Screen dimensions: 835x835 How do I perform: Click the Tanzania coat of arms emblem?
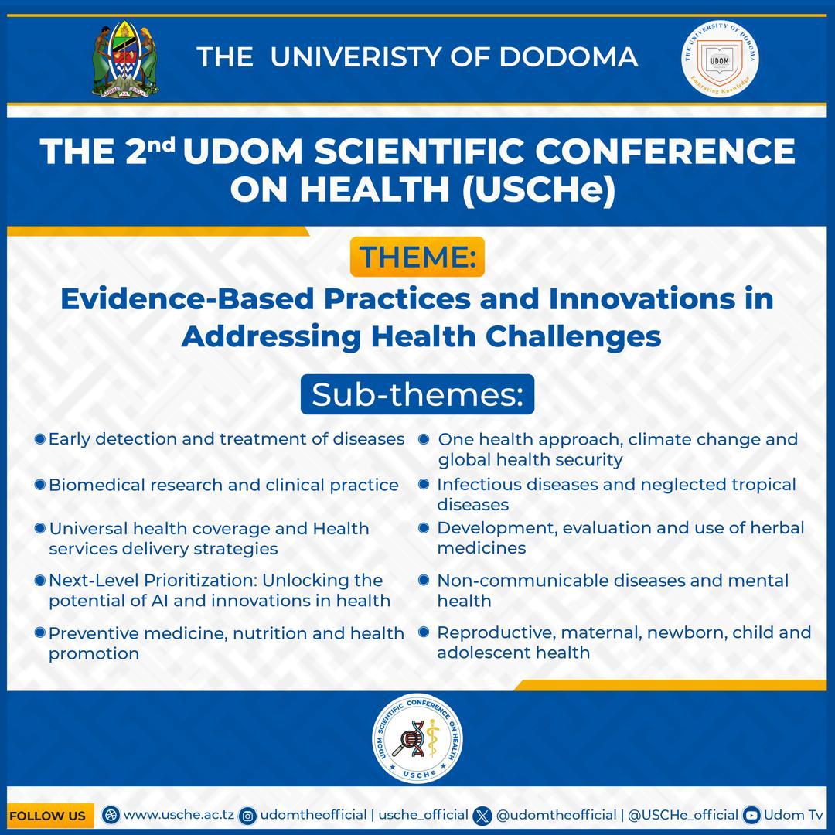coord(125,60)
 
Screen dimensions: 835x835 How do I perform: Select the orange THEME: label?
coord(417,257)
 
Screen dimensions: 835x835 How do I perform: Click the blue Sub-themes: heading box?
coord(417,394)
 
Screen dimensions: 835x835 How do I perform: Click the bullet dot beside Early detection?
coord(39,439)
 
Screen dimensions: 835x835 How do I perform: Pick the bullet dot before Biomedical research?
coord(39,485)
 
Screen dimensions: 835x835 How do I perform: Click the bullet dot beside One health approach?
coord(424,439)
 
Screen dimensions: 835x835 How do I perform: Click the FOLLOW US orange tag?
coord(48,816)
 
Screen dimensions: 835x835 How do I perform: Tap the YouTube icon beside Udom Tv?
coord(751,815)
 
